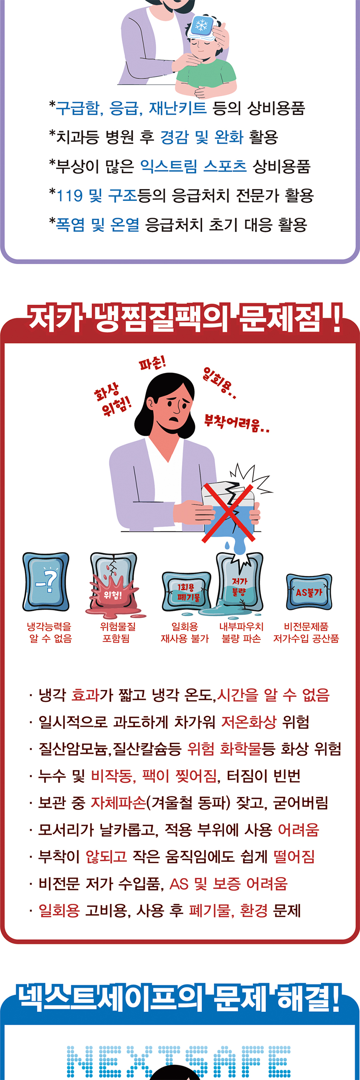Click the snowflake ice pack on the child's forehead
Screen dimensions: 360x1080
[202, 26]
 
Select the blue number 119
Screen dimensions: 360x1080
[69, 196]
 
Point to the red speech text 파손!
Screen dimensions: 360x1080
[152, 362]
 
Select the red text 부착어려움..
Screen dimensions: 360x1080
[237, 423]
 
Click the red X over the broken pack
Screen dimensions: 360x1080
[229, 513]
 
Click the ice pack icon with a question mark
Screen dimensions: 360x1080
[46, 581]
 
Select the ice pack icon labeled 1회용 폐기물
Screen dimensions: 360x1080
[187, 591]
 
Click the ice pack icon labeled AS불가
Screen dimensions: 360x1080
[309, 591]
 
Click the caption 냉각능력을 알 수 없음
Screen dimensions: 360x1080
[50, 633]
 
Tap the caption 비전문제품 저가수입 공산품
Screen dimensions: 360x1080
[306, 633]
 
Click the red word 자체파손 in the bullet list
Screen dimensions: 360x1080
[118, 802]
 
